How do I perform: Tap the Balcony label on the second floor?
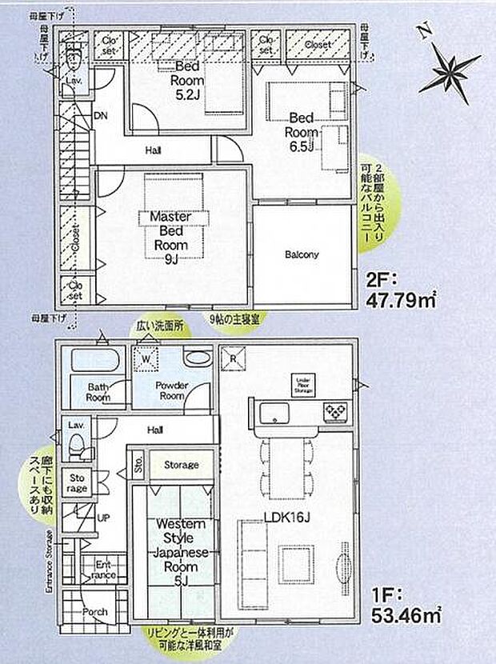pos(302,255)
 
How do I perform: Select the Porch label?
pos(94,612)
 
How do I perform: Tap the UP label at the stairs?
pos(103,518)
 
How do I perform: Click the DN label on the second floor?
pos(101,115)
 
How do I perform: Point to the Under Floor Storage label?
pos(302,384)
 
